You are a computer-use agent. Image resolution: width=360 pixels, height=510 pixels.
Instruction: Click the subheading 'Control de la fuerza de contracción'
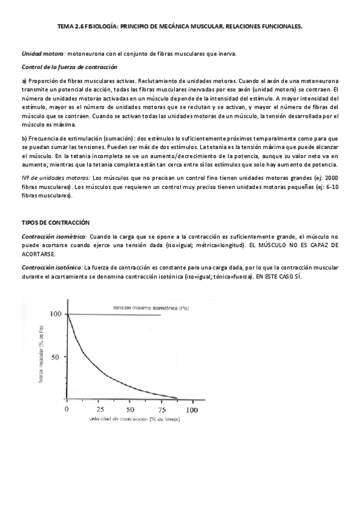(x=69, y=67)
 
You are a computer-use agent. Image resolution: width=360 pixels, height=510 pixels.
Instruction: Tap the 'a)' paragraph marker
(x=24, y=81)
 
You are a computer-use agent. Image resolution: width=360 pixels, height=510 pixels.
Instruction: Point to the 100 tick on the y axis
(x=56, y=314)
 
